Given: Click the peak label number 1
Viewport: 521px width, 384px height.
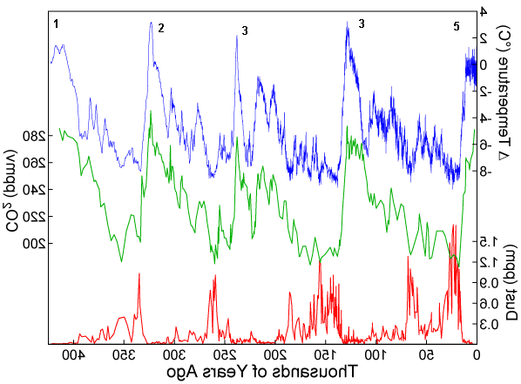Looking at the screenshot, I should coord(56,24).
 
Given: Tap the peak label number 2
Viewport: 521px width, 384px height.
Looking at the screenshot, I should coord(161,28).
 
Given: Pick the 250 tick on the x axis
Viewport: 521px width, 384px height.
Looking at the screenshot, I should coord(227,356).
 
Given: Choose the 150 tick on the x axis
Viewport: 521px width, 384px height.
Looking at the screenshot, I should coord(325,356).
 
